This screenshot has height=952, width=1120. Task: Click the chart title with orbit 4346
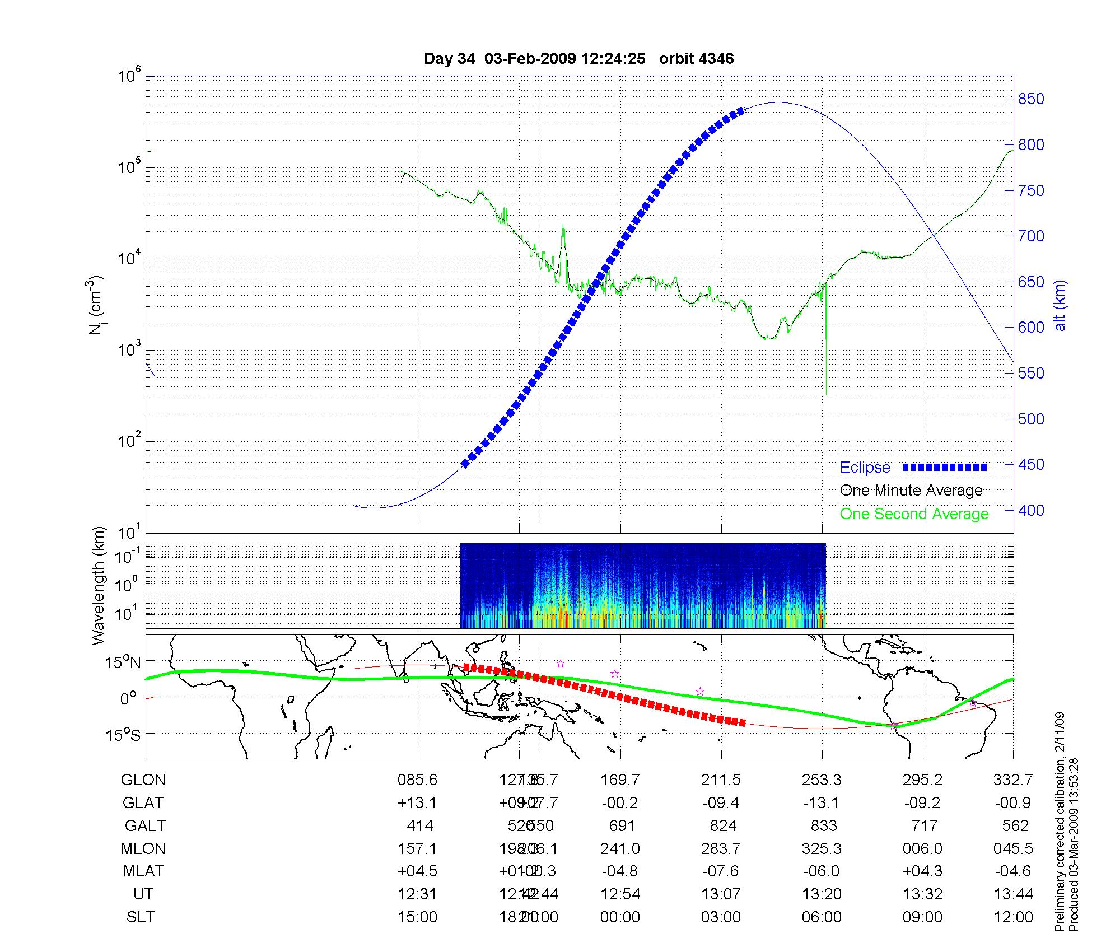(578, 59)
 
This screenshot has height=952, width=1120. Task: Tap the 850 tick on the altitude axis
(1030, 99)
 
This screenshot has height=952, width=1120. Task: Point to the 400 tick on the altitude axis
(1030, 510)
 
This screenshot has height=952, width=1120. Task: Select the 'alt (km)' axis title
(1060, 305)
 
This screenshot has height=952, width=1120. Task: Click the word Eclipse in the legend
(865, 468)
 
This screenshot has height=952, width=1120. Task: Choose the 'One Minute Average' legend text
(911, 491)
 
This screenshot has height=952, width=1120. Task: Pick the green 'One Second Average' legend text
(914, 514)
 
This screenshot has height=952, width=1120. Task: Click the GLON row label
(143, 780)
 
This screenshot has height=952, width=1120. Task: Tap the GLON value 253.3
(822, 780)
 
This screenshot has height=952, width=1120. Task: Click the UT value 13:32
(922, 894)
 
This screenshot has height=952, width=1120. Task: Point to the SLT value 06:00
(822, 917)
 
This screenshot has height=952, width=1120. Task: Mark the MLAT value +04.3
(922, 871)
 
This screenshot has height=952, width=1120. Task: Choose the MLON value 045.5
(1013, 848)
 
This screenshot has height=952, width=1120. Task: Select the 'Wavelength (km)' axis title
(99, 585)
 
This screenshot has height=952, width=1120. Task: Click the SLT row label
(141, 917)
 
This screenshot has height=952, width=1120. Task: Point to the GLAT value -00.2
(620, 802)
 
